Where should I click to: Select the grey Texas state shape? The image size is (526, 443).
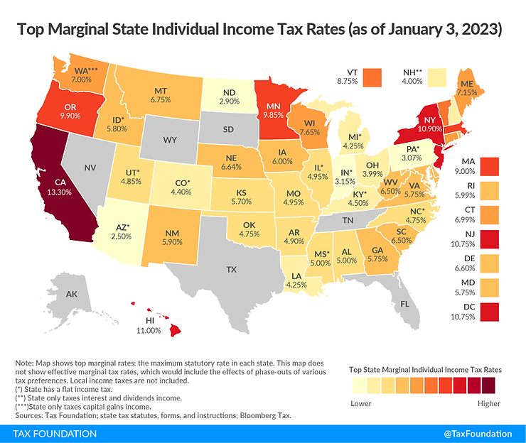click(x=230, y=270)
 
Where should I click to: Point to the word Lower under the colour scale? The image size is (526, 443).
click(x=361, y=403)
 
